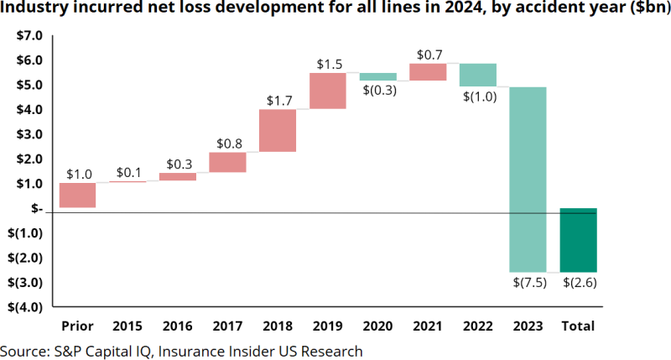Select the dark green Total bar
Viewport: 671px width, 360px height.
click(x=579, y=239)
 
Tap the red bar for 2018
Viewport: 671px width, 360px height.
click(x=278, y=130)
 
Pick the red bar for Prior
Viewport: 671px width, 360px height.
click(x=77, y=195)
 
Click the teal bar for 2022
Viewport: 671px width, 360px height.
click(x=478, y=75)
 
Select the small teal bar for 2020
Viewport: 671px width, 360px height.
click(x=378, y=76)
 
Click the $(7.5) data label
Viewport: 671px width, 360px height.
click(x=529, y=283)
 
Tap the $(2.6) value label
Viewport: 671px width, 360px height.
click(x=580, y=283)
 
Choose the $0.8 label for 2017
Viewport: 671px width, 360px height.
click(x=228, y=143)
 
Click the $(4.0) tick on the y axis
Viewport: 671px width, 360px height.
click(x=25, y=307)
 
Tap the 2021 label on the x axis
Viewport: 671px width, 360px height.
click(x=428, y=326)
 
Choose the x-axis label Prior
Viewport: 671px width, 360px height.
click(x=77, y=326)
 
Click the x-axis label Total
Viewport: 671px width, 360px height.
click(x=579, y=326)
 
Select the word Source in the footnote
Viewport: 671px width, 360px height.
click(x=22, y=350)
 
